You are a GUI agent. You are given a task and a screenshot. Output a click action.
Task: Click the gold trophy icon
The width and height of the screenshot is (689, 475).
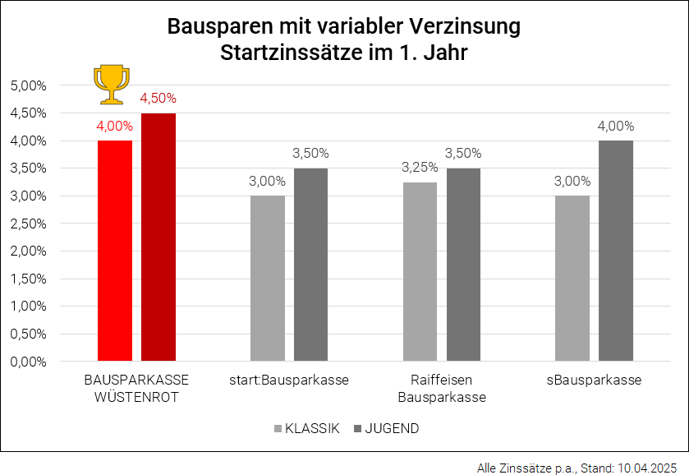click(110, 84)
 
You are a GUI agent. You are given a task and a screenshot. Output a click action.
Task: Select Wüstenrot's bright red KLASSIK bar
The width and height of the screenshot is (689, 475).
click(115, 251)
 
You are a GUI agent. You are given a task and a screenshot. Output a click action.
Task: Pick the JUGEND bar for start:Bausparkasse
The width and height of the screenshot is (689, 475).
click(311, 265)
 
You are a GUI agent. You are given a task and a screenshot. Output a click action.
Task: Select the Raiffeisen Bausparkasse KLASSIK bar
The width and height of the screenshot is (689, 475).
click(420, 271)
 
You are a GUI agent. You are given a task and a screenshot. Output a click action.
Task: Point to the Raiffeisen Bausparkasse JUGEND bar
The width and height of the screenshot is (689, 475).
click(464, 265)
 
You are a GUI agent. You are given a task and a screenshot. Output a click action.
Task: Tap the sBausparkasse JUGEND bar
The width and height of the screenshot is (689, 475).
click(616, 251)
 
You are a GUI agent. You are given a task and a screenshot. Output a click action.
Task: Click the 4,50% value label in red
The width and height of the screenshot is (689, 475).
click(158, 98)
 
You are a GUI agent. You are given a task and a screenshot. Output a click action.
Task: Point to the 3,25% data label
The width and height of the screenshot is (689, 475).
click(419, 167)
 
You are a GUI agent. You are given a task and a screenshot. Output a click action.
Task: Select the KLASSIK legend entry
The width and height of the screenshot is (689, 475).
click(306, 428)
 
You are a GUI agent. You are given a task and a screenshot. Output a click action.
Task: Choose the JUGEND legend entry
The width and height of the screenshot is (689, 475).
click(386, 428)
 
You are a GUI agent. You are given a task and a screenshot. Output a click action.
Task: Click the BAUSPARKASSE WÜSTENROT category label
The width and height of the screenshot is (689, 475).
click(136, 389)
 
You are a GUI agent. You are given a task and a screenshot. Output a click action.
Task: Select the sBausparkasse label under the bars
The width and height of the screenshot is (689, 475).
click(594, 380)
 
